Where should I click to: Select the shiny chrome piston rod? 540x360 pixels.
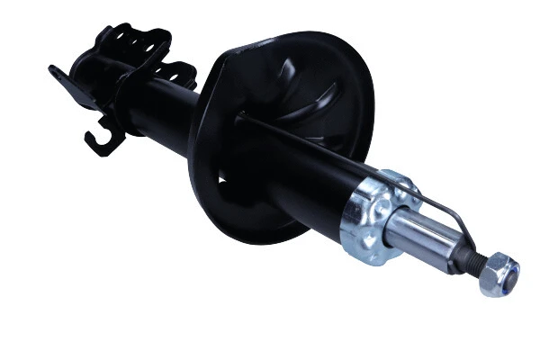(x=423, y=235)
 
